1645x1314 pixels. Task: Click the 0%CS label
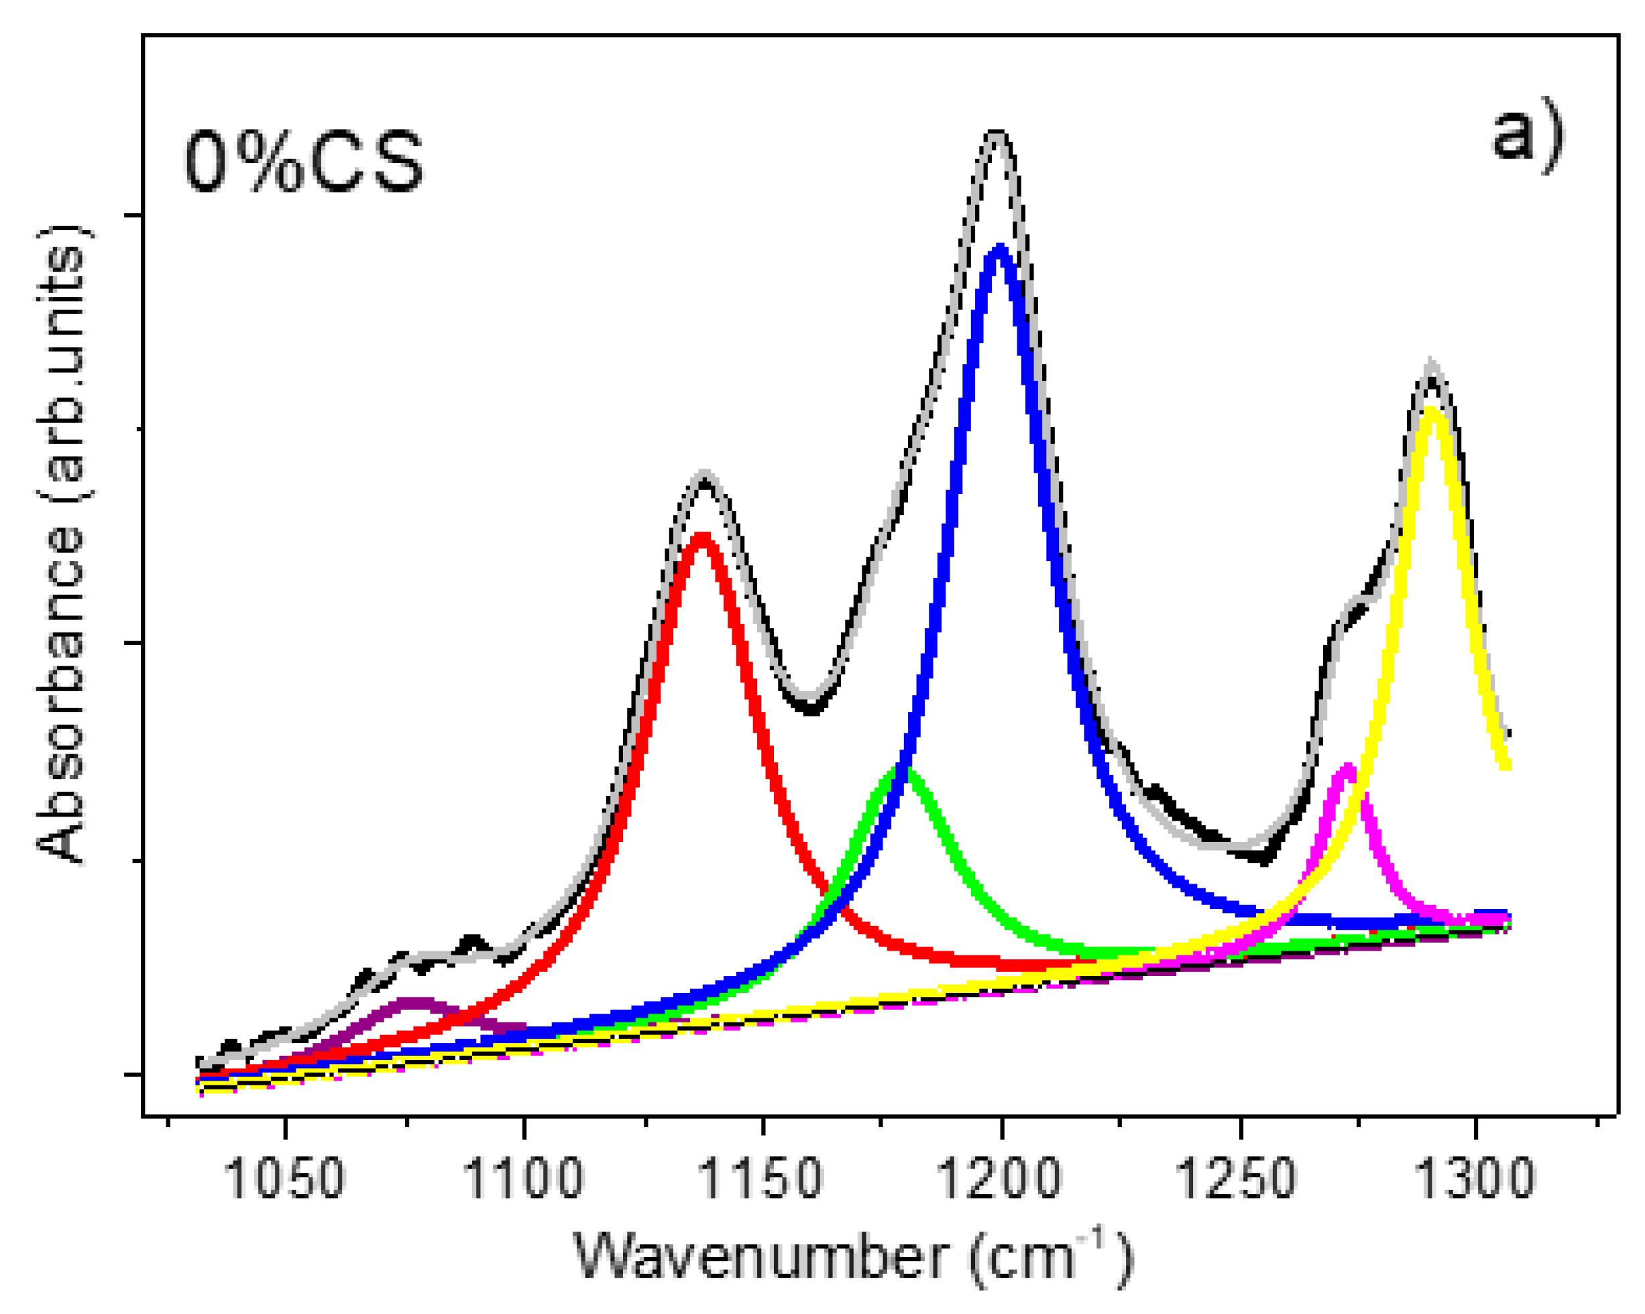[304, 162]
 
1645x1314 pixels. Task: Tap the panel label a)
[1527, 137]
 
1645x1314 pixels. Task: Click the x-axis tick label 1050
[284, 1177]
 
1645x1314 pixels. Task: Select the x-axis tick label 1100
[523, 1177]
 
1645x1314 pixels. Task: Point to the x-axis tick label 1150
[761, 1177]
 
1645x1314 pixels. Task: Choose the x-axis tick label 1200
[999, 1177]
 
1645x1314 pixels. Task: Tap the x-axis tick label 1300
[1475, 1177]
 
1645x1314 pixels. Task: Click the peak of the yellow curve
[1433, 412]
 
